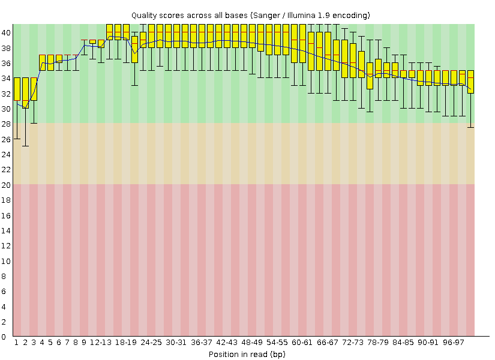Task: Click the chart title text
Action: click(250, 14)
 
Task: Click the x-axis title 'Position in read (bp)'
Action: click(247, 354)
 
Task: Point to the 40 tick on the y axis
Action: click(5, 32)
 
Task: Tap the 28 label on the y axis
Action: click(5, 124)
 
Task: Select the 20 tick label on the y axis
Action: click(5, 185)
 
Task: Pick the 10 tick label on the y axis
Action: click(5, 261)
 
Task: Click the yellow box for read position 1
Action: click(17, 89)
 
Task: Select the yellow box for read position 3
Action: click(34, 89)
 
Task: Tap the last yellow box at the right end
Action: click(470, 82)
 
